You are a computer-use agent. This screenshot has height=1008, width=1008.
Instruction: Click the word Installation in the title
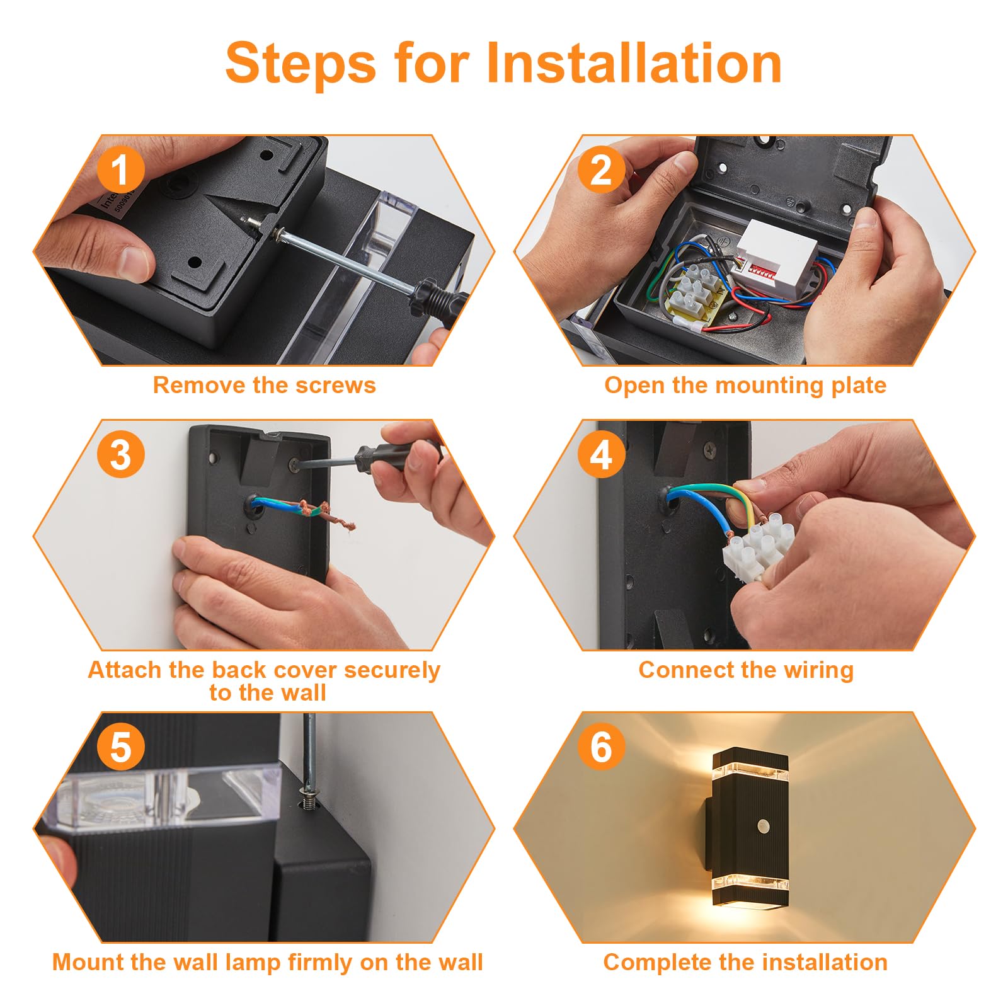point(634,62)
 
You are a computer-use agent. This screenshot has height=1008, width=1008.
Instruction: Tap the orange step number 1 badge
point(121,170)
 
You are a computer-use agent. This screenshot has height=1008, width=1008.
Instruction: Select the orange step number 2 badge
point(602,170)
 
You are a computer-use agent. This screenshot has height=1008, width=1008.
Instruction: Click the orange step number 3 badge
point(121,454)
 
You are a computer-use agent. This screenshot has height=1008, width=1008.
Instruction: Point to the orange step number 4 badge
point(602,454)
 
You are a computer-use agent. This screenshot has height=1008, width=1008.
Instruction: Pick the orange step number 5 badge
point(121,747)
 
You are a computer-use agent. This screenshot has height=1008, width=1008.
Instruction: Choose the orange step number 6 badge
point(602,747)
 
